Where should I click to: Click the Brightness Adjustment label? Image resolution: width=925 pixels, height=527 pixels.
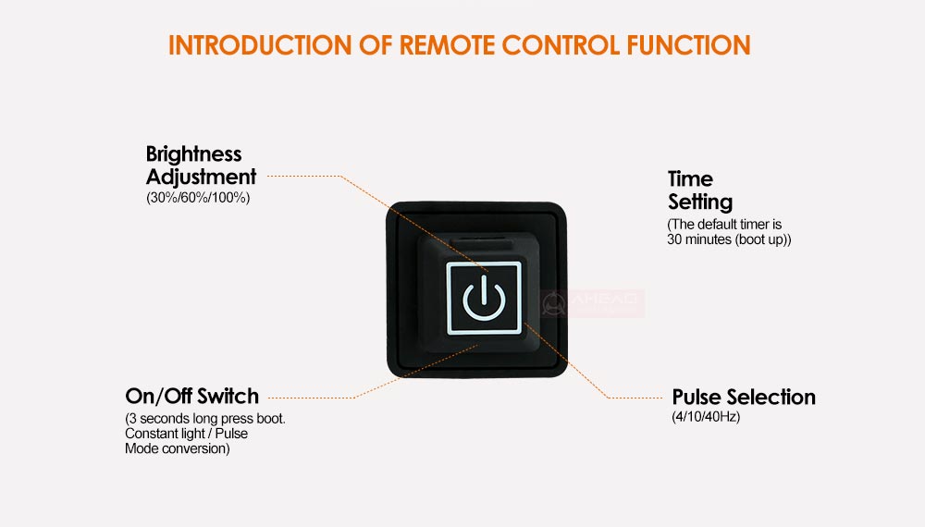tap(201, 165)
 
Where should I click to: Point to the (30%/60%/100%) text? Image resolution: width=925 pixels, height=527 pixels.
tap(198, 198)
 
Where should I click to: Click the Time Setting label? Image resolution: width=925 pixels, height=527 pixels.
tap(699, 190)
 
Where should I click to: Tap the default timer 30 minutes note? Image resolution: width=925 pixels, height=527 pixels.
tap(729, 232)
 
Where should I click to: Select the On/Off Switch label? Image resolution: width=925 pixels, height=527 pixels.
tap(191, 397)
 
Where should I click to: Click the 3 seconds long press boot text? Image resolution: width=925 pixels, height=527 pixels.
tap(205, 419)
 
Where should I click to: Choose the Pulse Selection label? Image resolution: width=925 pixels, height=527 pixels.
tap(744, 397)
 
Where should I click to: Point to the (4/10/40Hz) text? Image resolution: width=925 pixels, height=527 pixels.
tap(706, 417)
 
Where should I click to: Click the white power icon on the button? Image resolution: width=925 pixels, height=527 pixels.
tap(484, 298)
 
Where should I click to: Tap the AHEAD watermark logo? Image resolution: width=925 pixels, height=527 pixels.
tap(592, 301)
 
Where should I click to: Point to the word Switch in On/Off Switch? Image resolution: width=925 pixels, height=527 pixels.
tap(228, 397)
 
